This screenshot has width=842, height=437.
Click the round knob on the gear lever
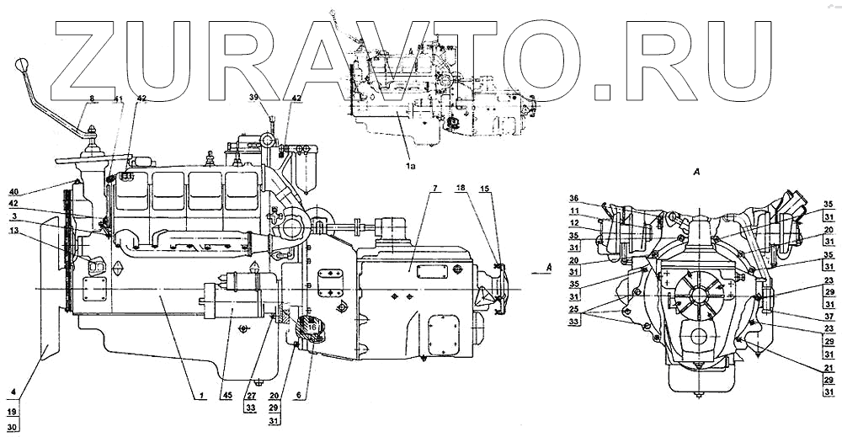[23, 64]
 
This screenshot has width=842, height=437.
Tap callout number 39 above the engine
[255, 99]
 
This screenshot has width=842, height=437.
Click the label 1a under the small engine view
[411, 168]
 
